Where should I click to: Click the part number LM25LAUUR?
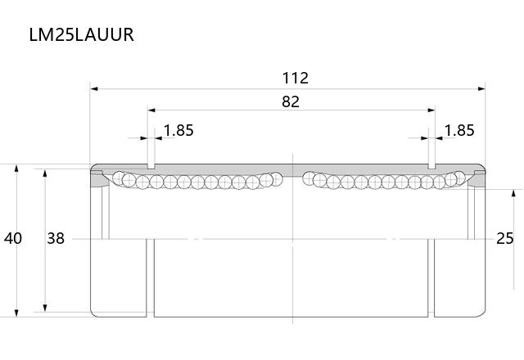point(82,34)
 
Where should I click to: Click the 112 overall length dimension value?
point(296,78)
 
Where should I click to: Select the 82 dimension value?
point(291,101)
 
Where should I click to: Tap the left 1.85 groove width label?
point(178,130)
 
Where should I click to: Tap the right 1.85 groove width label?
point(459,130)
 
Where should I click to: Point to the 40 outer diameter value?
point(13,238)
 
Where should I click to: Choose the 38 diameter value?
point(56,238)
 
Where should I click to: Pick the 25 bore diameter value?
point(505,238)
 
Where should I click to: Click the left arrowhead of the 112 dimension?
point(94,89)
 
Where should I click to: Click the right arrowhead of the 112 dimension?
point(481,89)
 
